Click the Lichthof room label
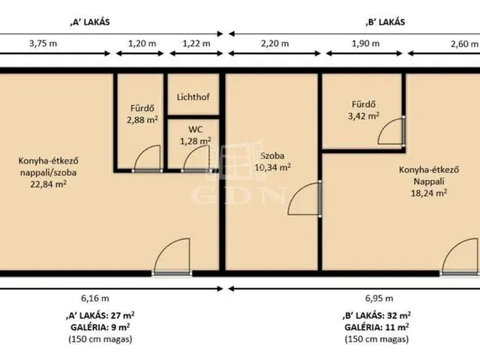pos(193,97)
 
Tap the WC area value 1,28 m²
pos(195,141)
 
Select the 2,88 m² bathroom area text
pos(142,120)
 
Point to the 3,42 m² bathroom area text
pos(364,115)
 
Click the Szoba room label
pos(272,156)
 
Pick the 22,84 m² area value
pos(48,184)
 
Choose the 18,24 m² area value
pos(428,193)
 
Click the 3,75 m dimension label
pos(43,43)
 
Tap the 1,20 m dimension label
pos(142,43)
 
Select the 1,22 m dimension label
pos(196,43)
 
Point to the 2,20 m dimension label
pos(275,43)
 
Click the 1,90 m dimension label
pos(366,43)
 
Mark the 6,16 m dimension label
pos(95,298)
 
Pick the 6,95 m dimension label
pos(379,298)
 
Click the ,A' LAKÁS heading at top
pos(90,22)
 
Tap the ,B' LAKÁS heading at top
pos(385,22)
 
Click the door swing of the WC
pos(191,153)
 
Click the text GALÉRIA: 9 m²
pos(100,327)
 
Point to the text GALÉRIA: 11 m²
pos(376,327)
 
